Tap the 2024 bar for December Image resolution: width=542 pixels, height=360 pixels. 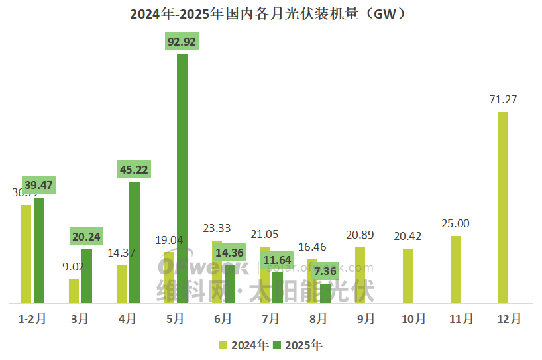click(504, 207)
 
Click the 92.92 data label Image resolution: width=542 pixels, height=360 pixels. click(182, 42)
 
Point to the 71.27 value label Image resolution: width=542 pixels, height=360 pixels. click(503, 100)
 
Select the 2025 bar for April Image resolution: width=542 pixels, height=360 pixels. click(135, 242)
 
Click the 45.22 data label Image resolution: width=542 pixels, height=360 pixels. click(134, 170)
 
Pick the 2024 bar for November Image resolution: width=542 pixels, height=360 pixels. click(456, 269)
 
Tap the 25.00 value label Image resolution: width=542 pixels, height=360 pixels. click(455, 224)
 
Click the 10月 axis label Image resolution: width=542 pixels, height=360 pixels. click(413, 319)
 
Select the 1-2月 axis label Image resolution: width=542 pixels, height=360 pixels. click(32, 319)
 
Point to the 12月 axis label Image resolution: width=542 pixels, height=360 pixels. click(509, 319)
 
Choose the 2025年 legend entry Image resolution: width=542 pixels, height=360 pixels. click(298, 345)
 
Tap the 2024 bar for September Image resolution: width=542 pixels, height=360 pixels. click(360, 275)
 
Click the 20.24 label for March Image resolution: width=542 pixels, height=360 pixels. click(86, 237)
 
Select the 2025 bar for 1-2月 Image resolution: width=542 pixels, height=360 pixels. click(39, 250)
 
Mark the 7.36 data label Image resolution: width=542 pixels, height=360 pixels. click(325, 271)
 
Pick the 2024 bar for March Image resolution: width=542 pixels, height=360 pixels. click(74, 291)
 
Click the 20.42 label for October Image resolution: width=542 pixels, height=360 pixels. click(408, 237)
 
